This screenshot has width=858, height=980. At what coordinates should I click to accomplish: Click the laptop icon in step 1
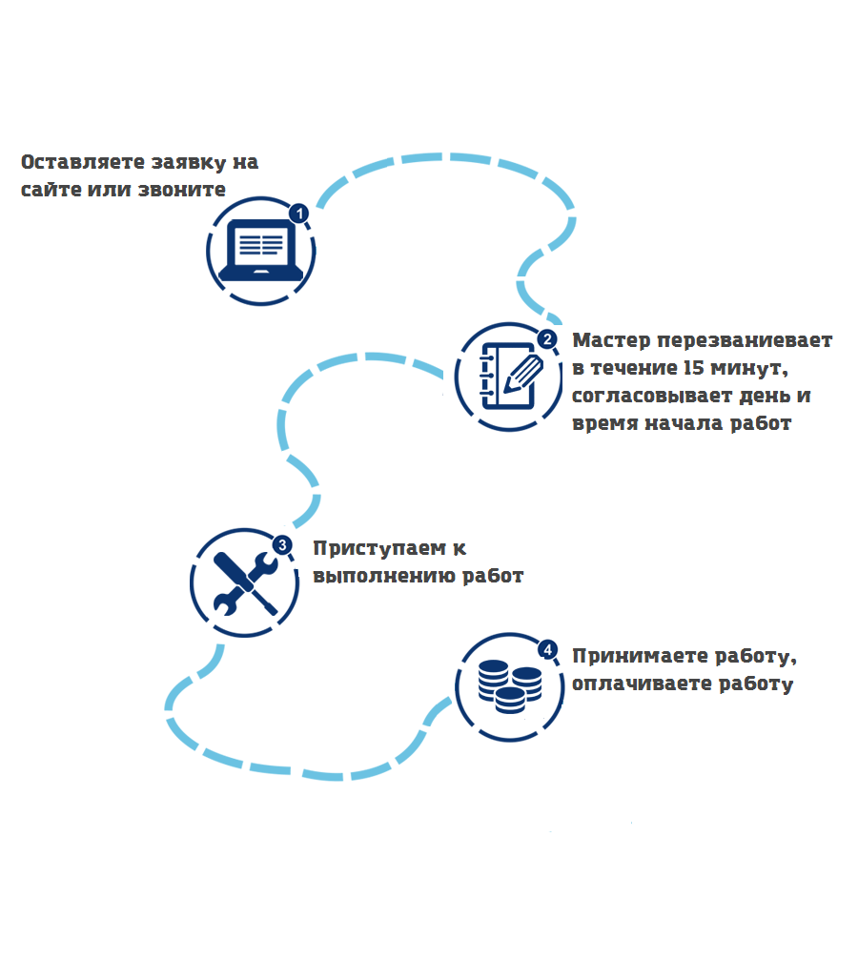(260, 250)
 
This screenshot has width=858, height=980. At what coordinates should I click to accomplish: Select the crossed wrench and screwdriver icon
(245, 582)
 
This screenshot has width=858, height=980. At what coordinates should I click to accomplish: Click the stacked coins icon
(510, 686)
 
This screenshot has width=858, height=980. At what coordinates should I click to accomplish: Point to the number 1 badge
(299, 214)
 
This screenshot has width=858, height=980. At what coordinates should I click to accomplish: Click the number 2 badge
(547, 339)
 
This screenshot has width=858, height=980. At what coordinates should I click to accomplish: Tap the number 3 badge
(282, 545)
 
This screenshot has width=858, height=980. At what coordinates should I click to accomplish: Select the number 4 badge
(548, 650)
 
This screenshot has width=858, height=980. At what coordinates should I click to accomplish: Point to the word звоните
(182, 190)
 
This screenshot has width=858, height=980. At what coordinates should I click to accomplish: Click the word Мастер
(611, 340)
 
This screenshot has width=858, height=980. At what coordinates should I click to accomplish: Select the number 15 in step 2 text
(694, 368)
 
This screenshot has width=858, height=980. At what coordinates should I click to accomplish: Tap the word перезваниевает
(745, 340)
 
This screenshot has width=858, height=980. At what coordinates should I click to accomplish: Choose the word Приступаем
(379, 548)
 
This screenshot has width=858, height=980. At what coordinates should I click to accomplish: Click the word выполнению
(384, 576)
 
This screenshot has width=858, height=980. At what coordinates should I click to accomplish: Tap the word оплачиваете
(642, 684)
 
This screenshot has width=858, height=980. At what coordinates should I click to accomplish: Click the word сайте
(51, 190)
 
